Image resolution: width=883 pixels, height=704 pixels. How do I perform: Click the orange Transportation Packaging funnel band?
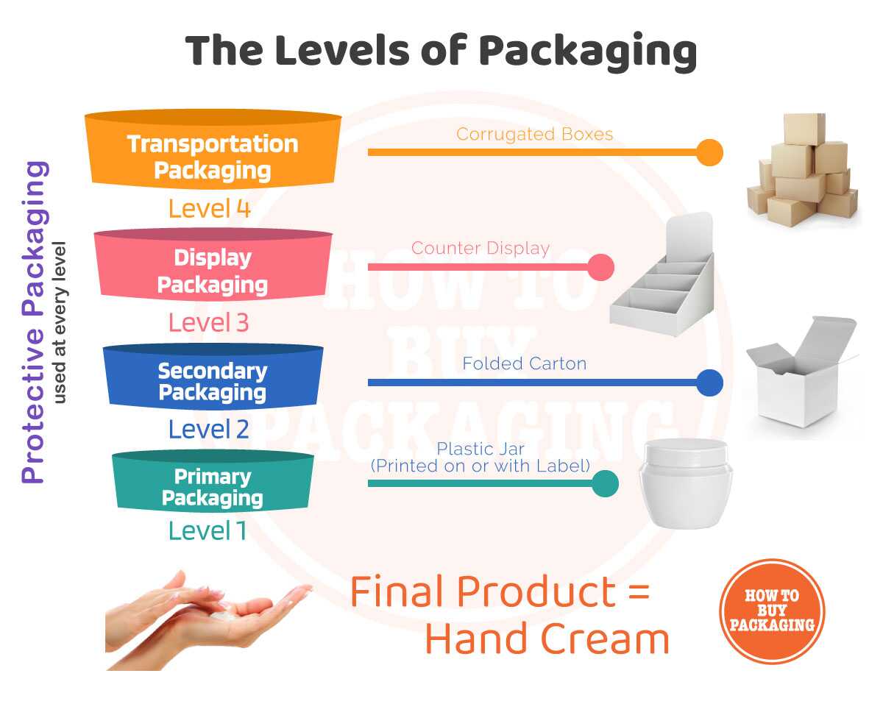pos(213,156)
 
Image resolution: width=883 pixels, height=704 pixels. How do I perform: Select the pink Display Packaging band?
pos(213,270)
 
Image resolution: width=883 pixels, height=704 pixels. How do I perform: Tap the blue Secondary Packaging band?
pos(213,381)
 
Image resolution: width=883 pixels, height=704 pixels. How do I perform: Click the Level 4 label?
pos(210,209)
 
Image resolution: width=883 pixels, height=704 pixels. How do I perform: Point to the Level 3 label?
pos(209,322)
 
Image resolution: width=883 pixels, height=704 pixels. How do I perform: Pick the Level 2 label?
pos(209,429)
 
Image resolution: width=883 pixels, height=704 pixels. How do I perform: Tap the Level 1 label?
pos(208,530)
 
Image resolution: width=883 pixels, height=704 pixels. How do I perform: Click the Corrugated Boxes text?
pos(534,134)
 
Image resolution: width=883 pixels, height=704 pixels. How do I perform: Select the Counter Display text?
pos(480,248)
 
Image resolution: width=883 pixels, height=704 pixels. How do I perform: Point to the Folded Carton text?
pos(524,363)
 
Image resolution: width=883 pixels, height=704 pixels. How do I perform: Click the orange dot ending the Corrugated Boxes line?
pos(709,152)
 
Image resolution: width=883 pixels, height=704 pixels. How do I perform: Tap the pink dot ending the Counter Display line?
pos(600,267)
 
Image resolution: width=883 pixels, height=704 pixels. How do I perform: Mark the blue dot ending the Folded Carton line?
pos(709,383)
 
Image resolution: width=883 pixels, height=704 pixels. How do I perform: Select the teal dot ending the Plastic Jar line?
pos(605,483)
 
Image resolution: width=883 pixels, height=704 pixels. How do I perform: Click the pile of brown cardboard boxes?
pos(804,171)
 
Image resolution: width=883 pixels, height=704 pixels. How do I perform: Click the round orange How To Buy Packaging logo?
pos(772,611)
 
